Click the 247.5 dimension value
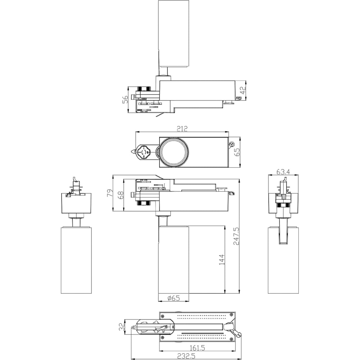[236, 236]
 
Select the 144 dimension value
[221, 260]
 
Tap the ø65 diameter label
[174, 298]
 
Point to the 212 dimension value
[182, 129]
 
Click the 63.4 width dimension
[283, 171]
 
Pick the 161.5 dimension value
[197, 348]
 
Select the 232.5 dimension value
[186, 356]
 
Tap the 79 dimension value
[110, 193]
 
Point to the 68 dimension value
[121, 195]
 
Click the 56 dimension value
[125, 100]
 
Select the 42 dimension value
[243, 90]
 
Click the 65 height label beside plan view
[237, 152]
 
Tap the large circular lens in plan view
[174, 152]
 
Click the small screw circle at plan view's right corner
[231, 144]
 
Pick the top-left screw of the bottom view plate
[163, 316]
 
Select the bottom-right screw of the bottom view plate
[231, 338]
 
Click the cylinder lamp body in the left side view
[76, 260]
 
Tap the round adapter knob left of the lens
[144, 152]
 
